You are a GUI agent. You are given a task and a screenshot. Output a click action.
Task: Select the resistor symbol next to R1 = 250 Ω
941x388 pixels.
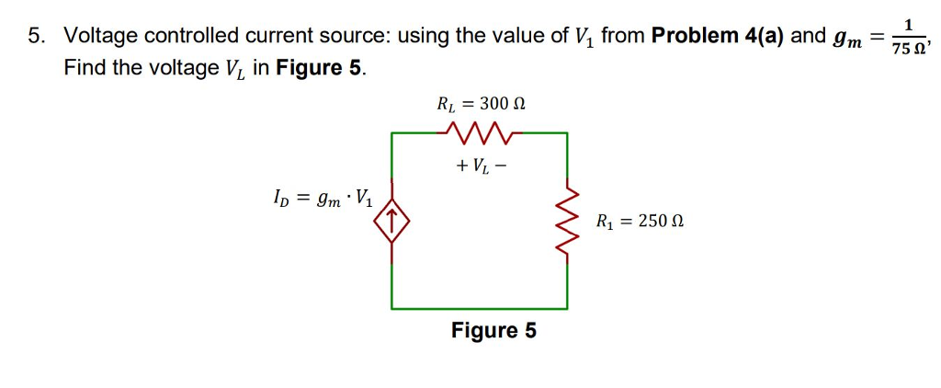click(567, 222)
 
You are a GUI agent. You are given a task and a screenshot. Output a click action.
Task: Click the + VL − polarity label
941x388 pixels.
click(479, 167)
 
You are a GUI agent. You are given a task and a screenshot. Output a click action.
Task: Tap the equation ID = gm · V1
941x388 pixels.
click(323, 196)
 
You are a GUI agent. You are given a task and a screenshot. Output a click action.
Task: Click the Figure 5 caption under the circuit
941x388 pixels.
click(493, 330)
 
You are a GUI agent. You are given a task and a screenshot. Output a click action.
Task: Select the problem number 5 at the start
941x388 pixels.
click(36, 37)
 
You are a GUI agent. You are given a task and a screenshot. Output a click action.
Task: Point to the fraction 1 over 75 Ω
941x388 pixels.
click(908, 38)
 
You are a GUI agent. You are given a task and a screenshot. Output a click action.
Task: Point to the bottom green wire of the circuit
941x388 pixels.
click(480, 307)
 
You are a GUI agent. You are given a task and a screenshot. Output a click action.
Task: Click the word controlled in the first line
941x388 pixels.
click(188, 37)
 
